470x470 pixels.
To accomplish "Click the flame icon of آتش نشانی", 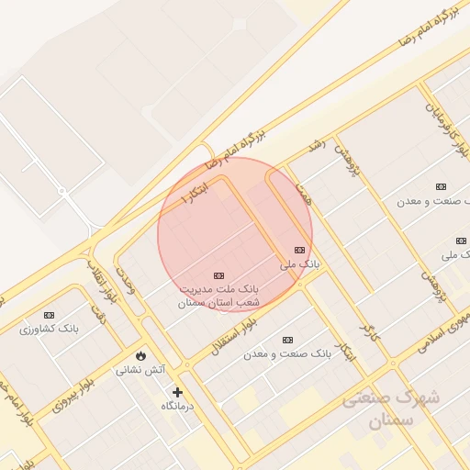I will pyautogui.click(x=140, y=355).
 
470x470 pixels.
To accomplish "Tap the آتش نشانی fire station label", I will pyautogui.click(x=140, y=370).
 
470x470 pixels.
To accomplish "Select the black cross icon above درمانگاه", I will pyautogui.click(x=177, y=392).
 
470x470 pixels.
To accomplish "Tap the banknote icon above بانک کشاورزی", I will pyautogui.click(x=49, y=315).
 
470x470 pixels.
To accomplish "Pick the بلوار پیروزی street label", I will pyautogui.click(x=73, y=392).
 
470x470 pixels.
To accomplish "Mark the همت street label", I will pyautogui.click(x=304, y=193).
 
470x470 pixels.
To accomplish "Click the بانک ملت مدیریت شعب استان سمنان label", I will pyautogui.click(x=218, y=295).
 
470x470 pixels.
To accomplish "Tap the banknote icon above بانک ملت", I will pyautogui.click(x=218, y=275).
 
